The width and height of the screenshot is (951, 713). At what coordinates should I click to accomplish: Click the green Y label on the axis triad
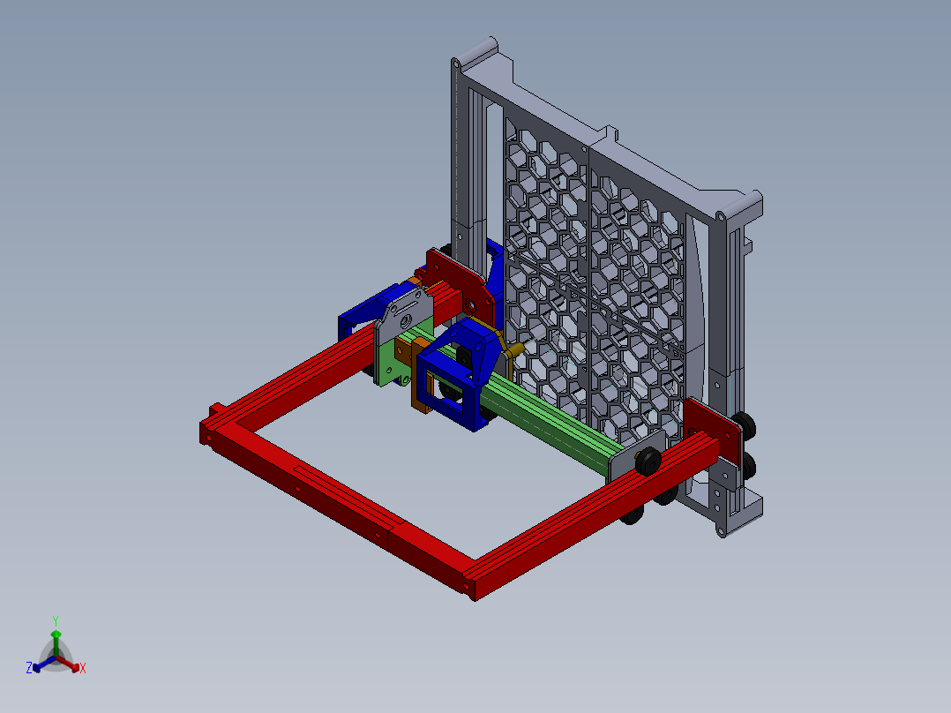56,620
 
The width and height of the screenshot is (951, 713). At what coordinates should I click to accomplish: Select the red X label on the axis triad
83,669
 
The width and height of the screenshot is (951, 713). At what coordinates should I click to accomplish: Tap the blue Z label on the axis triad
29,669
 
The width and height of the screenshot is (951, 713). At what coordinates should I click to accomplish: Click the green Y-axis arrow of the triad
56,639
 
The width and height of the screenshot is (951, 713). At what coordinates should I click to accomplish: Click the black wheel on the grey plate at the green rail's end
648,460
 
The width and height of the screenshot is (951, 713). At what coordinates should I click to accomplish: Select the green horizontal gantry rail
547,415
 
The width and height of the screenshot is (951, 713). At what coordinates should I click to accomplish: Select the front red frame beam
335,499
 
